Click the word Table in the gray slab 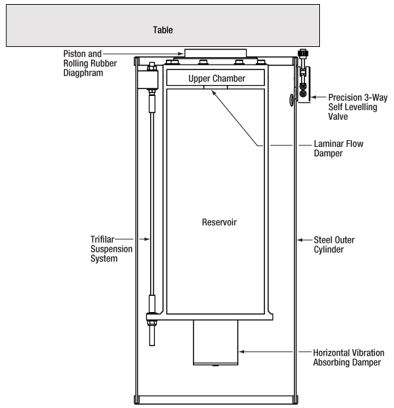(x=162, y=30)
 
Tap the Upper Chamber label (x=217, y=78)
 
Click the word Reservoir (x=219, y=222)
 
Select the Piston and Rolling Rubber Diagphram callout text (x=90, y=63)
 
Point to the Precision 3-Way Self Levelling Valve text (x=358, y=107)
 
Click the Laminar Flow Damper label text (x=339, y=148)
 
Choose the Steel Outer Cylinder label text (x=334, y=245)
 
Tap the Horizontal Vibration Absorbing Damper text (x=348, y=358)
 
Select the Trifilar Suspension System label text (x=111, y=249)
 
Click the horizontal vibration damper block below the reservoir (x=215, y=343)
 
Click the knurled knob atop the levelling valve (x=303, y=53)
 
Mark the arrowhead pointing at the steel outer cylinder (x=300, y=240)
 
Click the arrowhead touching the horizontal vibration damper (x=241, y=352)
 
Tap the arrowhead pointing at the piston (x=181, y=54)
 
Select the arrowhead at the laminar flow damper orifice (x=213, y=92)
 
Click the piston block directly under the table (x=215, y=53)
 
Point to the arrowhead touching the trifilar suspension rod (x=147, y=239)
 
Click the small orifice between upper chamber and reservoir (x=215, y=87)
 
